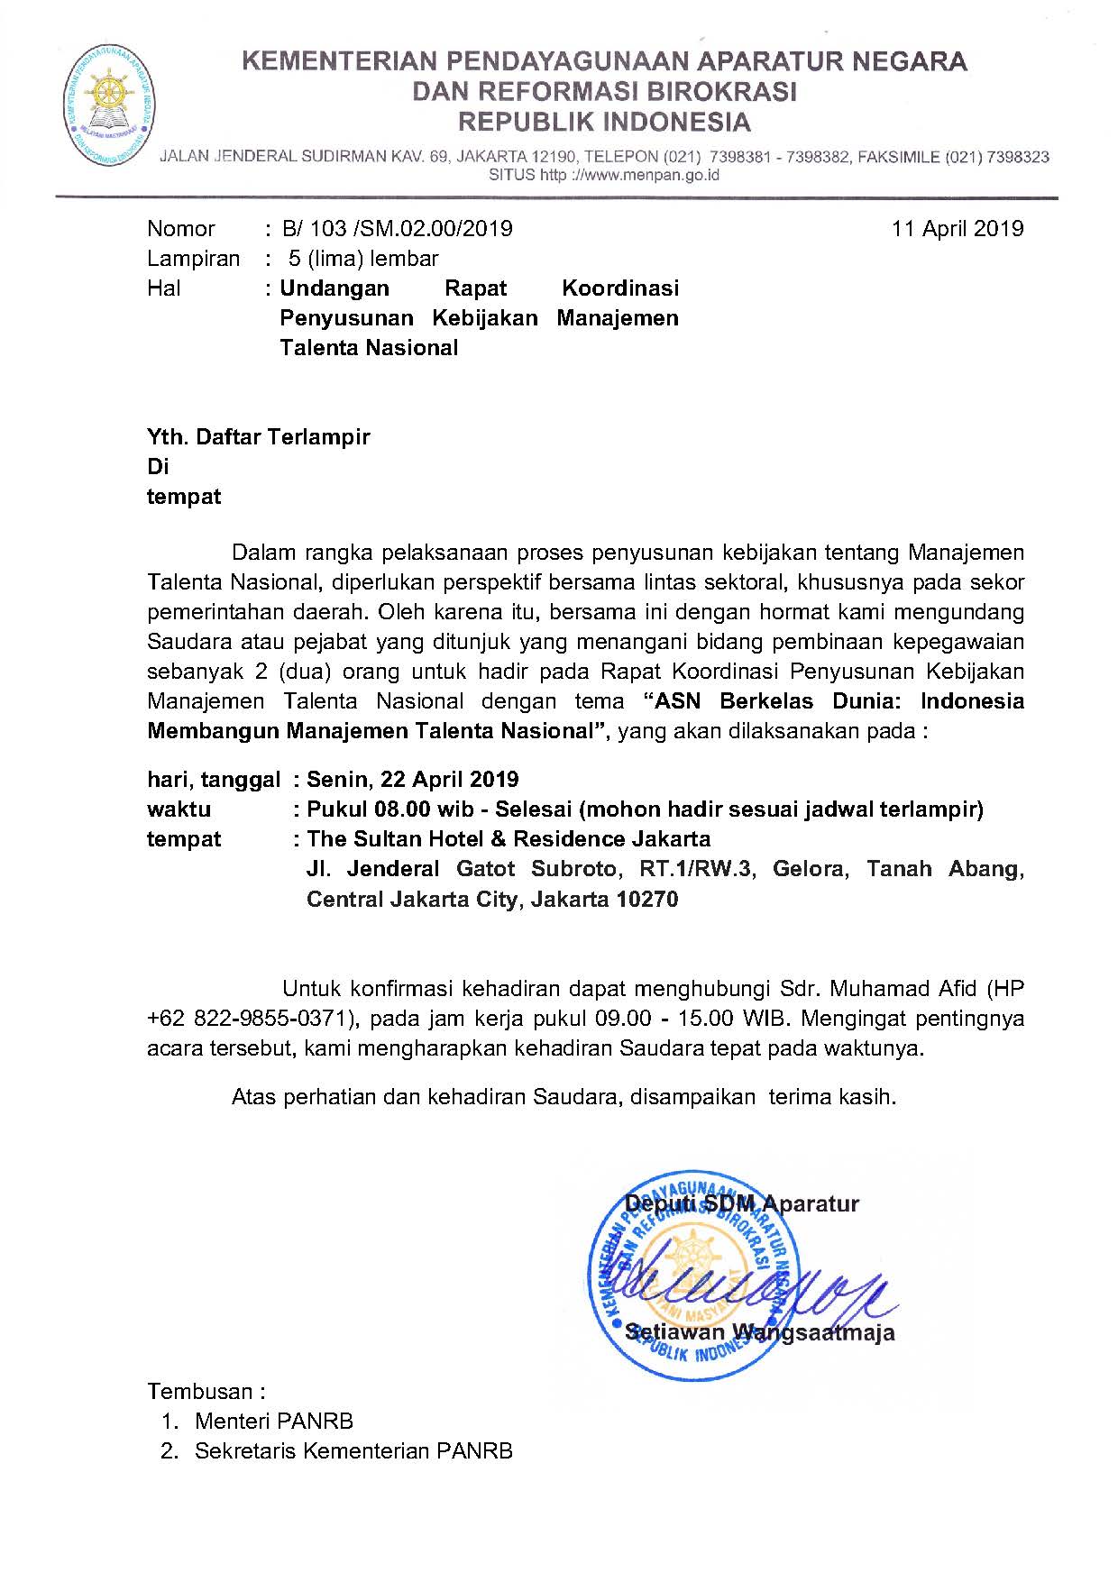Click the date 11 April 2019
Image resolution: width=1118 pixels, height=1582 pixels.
[x=958, y=229]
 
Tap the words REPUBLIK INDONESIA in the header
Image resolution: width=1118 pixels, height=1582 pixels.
[x=604, y=122]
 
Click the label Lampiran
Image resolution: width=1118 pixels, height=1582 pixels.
[x=193, y=259]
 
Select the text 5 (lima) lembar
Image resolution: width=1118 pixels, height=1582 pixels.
[x=362, y=259]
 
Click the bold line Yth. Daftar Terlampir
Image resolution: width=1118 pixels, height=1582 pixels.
[x=259, y=437]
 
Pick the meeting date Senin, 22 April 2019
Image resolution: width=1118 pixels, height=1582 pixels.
[x=412, y=779]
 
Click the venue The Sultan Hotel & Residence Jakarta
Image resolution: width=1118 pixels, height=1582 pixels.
[x=509, y=839]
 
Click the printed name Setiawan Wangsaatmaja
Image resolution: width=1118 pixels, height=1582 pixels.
[x=759, y=1332]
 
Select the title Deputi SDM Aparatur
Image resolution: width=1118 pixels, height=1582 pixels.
[x=741, y=1204]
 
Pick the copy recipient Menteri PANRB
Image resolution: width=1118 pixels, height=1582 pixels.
[x=274, y=1422]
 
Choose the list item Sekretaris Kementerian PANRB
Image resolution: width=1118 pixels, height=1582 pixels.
[x=353, y=1451]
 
